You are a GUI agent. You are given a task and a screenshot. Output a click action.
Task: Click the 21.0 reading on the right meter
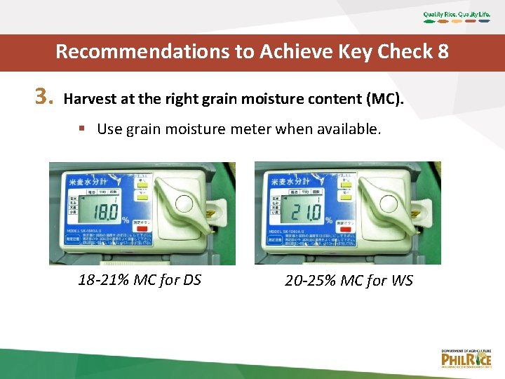[x=306, y=212]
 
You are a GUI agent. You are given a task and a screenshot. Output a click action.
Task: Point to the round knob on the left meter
[x=184, y=204]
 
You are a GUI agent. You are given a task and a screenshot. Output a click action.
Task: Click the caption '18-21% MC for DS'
[x=140, y=280]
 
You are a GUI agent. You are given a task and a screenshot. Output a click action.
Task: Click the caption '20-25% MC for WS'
[x=349, y=281]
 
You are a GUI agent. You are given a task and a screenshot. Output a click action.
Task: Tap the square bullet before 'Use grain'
[x=82, y=129]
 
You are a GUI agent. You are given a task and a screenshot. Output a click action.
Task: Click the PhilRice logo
[x=466, y=358]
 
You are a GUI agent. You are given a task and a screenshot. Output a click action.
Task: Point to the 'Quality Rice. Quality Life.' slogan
[x=457, y=14]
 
